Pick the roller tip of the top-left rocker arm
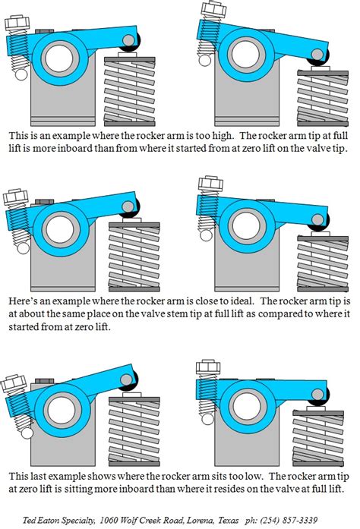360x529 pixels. [130, 40]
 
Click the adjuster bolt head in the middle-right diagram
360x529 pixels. [207, 185]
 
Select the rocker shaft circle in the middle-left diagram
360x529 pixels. [58, 225]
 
